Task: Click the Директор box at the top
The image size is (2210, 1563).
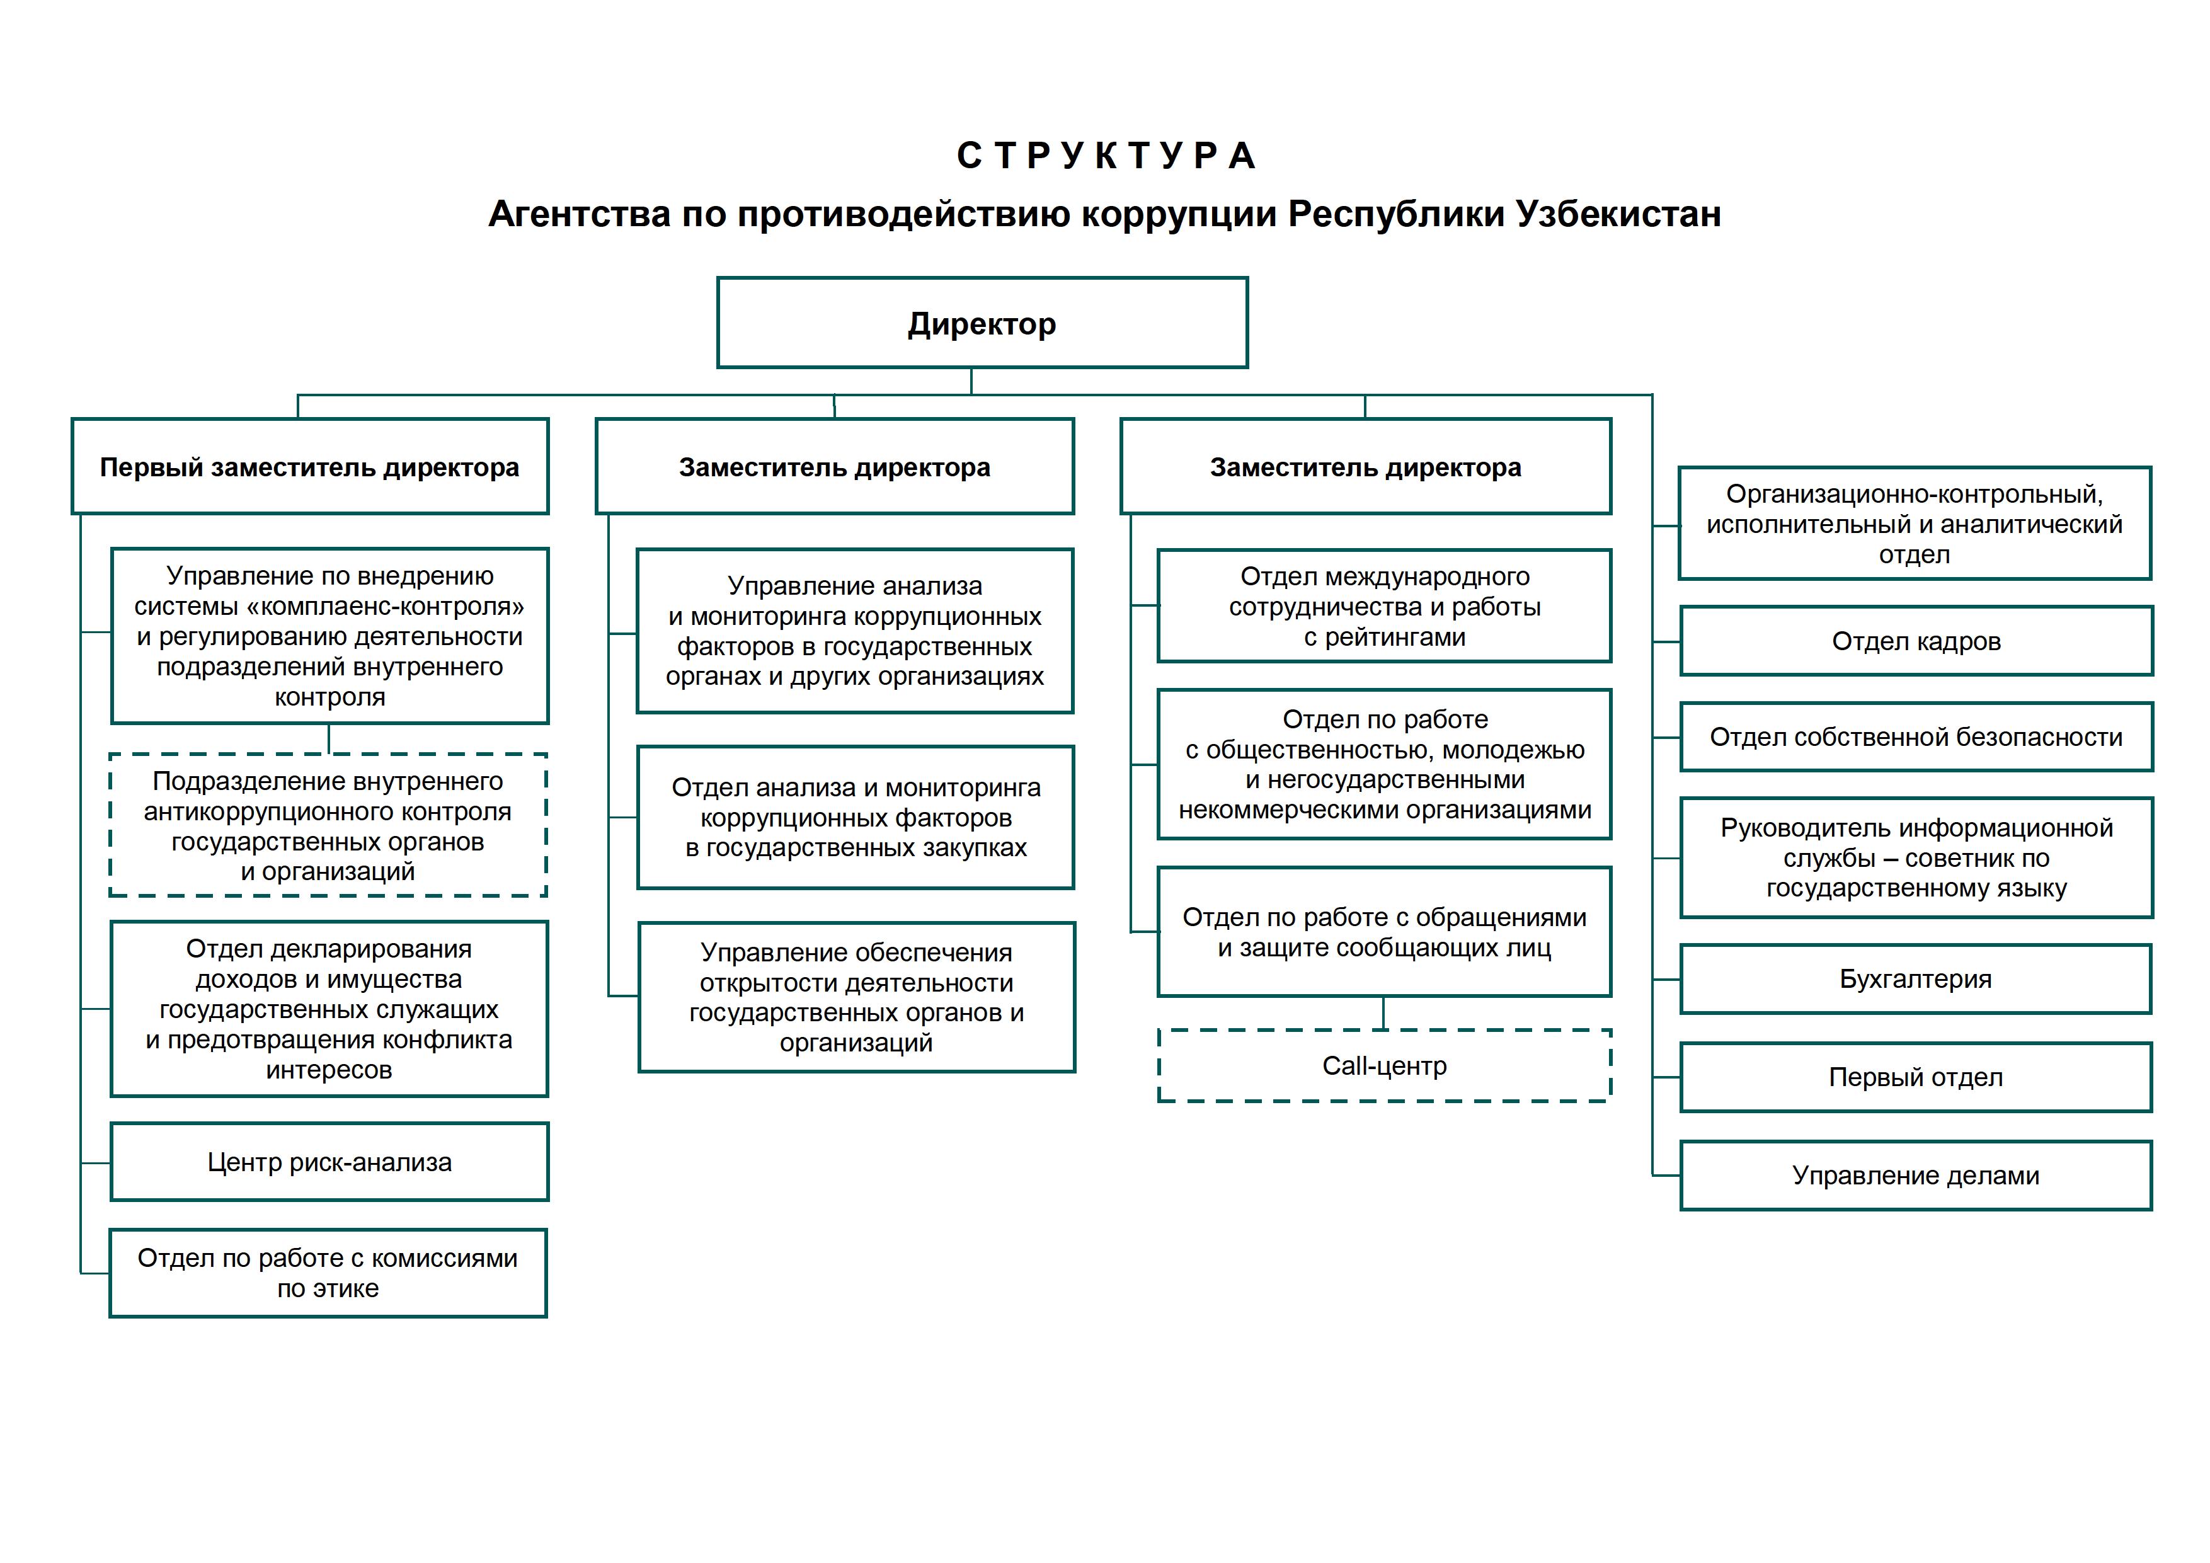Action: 982,323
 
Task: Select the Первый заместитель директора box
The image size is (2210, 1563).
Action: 310,467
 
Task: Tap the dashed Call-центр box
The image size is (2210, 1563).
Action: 1384,1065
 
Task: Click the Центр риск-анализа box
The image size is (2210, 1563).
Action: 329,1162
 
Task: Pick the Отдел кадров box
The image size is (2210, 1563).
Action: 1915,641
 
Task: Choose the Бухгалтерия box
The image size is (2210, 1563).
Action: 1915,979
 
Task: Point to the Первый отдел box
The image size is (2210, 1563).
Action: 1915,1077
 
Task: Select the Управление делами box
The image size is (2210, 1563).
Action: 1915,1175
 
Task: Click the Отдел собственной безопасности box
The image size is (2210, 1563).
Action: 1915,737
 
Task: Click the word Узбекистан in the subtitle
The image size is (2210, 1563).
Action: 1618,214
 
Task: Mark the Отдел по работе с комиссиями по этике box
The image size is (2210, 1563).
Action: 328,1273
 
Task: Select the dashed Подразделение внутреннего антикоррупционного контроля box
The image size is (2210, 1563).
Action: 328,826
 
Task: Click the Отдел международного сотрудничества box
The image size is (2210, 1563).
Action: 1384,606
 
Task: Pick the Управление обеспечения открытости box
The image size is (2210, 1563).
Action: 856,997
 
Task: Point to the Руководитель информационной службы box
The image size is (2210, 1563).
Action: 1915,857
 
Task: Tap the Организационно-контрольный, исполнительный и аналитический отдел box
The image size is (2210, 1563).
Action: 1913,524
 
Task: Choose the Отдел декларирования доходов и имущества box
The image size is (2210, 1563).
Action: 329,1009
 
